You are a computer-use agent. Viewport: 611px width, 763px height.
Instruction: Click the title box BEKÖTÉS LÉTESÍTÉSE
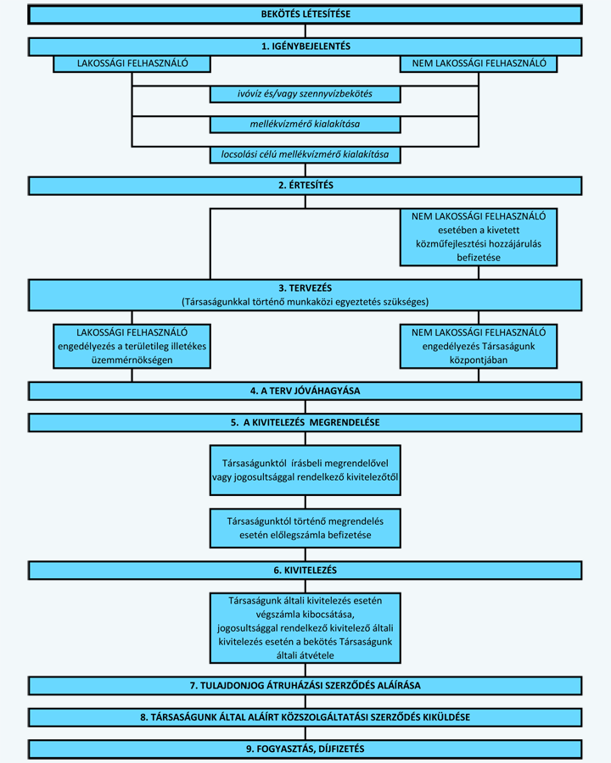point(305,14)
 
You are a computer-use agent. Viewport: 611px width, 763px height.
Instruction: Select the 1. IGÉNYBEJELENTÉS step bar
point(305,47)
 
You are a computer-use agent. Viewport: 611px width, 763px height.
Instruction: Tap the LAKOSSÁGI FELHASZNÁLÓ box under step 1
point(132,64)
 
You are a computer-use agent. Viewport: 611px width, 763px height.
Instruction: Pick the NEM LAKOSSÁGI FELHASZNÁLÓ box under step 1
point(479,64)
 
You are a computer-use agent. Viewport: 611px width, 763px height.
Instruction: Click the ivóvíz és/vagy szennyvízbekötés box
point(305,94)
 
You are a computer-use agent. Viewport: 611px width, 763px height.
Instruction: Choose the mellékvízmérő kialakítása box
point(305,124)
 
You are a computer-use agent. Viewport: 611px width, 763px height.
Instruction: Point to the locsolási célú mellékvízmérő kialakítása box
point(305,155)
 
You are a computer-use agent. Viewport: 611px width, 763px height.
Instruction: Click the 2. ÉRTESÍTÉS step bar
point(305,186)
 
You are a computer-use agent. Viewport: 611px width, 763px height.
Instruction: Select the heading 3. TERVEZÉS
point(305,288)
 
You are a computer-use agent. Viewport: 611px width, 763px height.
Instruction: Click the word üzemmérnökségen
point(132,360)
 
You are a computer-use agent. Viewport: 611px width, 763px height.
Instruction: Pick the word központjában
point(479,360)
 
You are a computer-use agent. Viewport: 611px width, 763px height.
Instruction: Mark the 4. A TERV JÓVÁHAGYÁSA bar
point(305,391)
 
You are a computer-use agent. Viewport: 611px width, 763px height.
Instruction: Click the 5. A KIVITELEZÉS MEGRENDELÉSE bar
point(305,422)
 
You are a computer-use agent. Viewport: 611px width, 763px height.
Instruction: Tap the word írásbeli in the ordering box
point(311,463)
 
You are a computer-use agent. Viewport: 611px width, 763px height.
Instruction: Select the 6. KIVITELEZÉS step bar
point(305,571)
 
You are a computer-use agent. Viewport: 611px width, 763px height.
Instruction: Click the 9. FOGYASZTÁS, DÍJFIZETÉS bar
point(305,749)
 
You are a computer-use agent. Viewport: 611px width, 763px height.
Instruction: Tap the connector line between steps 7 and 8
point(305,702)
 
